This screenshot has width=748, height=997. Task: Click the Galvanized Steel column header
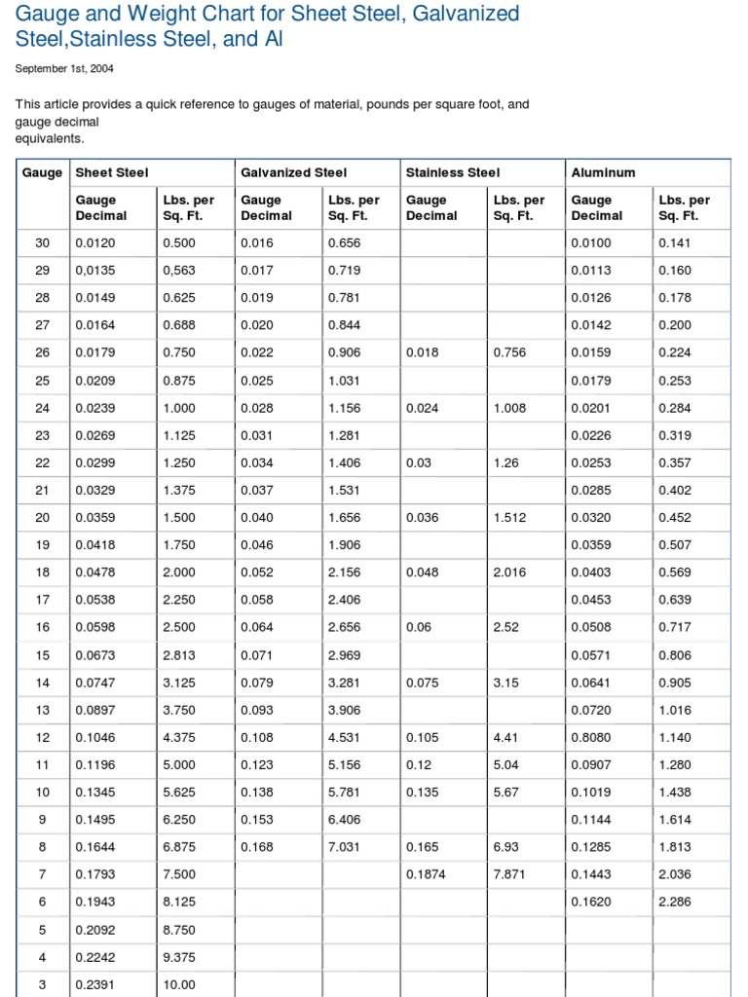coord(293,172)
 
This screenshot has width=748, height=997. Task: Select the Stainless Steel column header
coord(452,172)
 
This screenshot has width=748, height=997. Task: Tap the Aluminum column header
coord(603,172)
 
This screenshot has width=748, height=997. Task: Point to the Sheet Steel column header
coord(112,172)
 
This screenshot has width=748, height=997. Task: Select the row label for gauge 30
coord(42,242)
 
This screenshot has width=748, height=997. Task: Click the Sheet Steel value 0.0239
coord(94,408)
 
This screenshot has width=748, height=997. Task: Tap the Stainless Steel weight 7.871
coord(509,874)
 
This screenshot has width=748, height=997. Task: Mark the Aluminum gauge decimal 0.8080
coord(591,737)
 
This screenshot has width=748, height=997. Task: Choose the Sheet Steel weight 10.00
coord(179,984)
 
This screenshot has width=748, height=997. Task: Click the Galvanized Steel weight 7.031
coord(345,847)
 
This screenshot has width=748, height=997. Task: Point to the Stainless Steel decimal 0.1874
coord(426,874)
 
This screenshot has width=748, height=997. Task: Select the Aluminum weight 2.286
coord(675,902)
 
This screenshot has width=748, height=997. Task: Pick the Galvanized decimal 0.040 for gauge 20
coord(257,517)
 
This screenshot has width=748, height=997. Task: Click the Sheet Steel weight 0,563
coord(179,270)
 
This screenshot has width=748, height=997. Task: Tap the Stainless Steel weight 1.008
coord(509,408)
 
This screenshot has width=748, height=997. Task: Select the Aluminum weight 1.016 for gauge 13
coord(675,710)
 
